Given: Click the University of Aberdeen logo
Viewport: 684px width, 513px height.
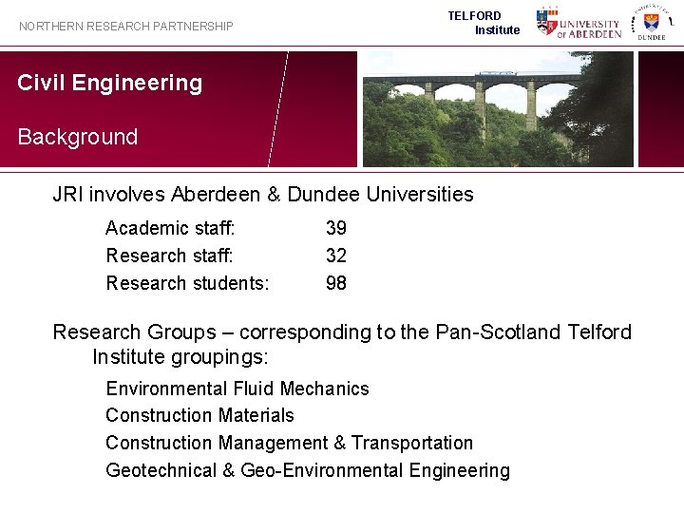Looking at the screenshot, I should (x=579, y=23).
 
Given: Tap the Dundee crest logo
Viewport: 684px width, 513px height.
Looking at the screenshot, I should (x=651, y=23).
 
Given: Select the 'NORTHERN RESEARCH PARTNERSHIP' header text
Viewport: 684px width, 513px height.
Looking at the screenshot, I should (x=126, y=27).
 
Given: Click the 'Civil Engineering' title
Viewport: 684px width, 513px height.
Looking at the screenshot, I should (x=110, y=83).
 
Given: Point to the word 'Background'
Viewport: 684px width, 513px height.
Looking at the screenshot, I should (x=78, y=137).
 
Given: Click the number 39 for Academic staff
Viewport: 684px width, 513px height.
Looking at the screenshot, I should (x=336, y=228).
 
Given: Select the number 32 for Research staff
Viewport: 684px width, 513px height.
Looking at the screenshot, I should (x=336, y=256).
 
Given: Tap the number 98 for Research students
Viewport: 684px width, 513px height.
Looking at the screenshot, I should (x=336, y=283).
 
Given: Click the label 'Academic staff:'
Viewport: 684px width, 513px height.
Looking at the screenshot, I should (x=171, y=228).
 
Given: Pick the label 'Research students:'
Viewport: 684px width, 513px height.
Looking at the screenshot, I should (x=188, y=283).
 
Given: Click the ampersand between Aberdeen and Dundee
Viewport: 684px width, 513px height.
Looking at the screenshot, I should (x=274, y=195).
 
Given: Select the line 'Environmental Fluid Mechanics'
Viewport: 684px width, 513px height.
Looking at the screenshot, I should (x=237, y=389).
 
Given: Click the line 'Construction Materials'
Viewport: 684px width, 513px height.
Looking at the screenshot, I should (x=200, y=415).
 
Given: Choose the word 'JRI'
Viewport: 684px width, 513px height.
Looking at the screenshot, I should (x=67, y=195).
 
